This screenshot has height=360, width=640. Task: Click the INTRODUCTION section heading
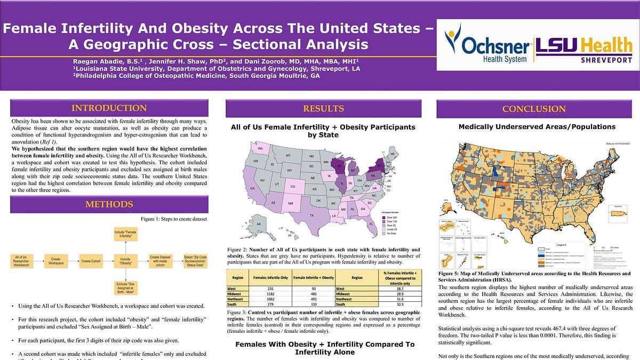pos(109,108)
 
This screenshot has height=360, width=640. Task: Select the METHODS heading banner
pos(109,204)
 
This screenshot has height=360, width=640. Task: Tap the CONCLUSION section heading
pos(534,109)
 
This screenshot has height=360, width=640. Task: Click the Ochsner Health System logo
pos(487,46)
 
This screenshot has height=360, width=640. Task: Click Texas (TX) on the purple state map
pos(312,215)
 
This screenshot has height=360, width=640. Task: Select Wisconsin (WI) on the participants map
pos(338,166)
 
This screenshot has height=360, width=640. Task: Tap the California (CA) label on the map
pos(252,188)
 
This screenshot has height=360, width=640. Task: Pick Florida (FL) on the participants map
pos(371,224)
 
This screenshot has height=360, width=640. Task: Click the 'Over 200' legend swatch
pos(383,217)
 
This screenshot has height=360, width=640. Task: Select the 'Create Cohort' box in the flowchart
pos(91,261)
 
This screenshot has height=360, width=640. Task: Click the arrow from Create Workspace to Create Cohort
pos(74,261)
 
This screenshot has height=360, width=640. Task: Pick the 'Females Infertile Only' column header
pos(270,277)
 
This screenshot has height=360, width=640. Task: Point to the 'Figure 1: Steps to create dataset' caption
pos(174,219)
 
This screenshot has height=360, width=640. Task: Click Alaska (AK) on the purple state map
pos(259,224)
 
